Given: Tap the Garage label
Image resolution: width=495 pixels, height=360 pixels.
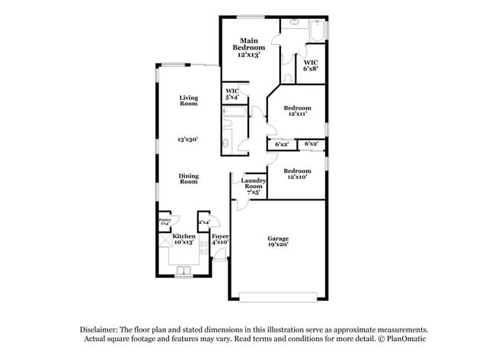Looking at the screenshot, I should pyautogui.click(x=277, y=242).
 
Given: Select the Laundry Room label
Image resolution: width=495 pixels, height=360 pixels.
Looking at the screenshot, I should pyautogui.click(x=253, y=186).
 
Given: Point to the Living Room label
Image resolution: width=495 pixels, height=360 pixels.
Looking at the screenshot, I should pyautogui.click(x=189, y=100).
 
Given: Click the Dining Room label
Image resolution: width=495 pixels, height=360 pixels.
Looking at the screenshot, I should pyautogui.click(x=189, y=179).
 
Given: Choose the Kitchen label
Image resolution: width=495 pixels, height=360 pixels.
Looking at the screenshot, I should pyautogui.click(x=184, y=241).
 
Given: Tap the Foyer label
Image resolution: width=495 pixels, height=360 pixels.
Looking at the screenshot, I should pyautogui.click(x=220, y=241).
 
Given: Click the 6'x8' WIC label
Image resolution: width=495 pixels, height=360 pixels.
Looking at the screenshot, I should pyautogui.click(x=310, y=65).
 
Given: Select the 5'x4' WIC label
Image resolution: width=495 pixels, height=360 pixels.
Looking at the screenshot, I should pyautogui.click(x=232, y=94).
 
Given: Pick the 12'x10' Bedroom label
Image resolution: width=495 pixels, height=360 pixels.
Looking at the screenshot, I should pyautogui.click(x=297, y=175).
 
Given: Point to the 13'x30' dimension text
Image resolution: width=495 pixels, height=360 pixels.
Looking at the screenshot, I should pyautogui.click(x=188, y=140).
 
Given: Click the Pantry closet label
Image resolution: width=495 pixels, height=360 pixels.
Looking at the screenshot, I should pyautogui.click(x=164, y=221).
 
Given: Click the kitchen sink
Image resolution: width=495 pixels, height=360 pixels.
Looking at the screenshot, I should pyautogui.click(x=184, y=269).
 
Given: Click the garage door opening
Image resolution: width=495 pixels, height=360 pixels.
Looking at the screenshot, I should pyautogui.click(x=277, y=298).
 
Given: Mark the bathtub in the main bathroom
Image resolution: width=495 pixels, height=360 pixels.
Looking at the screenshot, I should pyautogui.click(x=313, y=30).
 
